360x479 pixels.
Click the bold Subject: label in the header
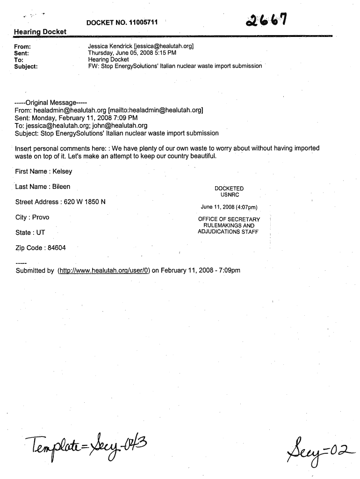pos(26,66)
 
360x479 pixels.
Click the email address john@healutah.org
pos(123,125)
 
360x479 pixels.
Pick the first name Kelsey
pos(62,171)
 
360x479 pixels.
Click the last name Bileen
pos(61,187)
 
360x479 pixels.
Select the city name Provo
pos(41,217)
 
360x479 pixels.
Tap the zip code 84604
pos(54,247)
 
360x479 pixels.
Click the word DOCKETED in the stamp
pos(229,189)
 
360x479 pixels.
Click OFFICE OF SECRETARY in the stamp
pos(229,219)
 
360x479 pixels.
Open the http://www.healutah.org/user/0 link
pos(103,270)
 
